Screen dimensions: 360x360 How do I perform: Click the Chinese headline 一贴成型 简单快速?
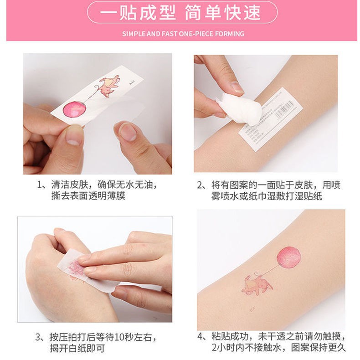pyautogui.click(x=180, y=12)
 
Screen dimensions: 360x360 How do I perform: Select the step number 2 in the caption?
pyautogui.click(x=200, y=185)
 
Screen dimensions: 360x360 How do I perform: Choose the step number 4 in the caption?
pyautogui.click(x=200, y=338)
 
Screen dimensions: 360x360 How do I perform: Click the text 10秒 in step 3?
pyautogui.click(x=124, y=338)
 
